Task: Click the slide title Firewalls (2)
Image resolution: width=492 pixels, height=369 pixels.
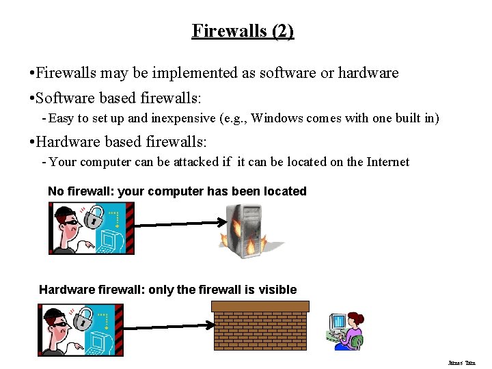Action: coord(243,31)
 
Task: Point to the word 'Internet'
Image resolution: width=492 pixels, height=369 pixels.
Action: coord(385,162)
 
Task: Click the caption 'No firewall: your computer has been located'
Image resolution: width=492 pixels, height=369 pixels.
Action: coord(177,191)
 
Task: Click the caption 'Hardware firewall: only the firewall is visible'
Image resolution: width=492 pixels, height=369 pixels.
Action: coord(167,290)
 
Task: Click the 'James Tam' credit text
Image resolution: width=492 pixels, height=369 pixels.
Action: coord(461,363)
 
